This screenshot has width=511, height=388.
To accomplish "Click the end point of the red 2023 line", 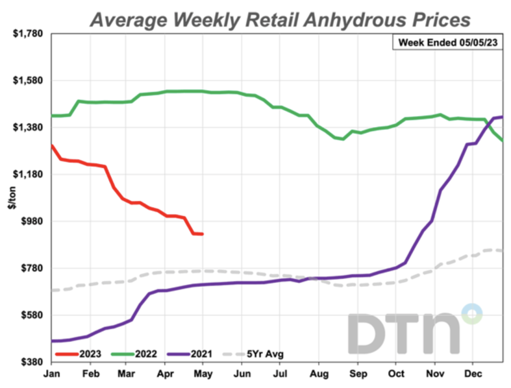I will [x=202, y=234].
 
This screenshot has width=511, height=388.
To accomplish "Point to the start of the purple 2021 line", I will [x=52, y=341].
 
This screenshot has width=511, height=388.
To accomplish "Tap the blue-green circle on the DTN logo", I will [x=472, y=314].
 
